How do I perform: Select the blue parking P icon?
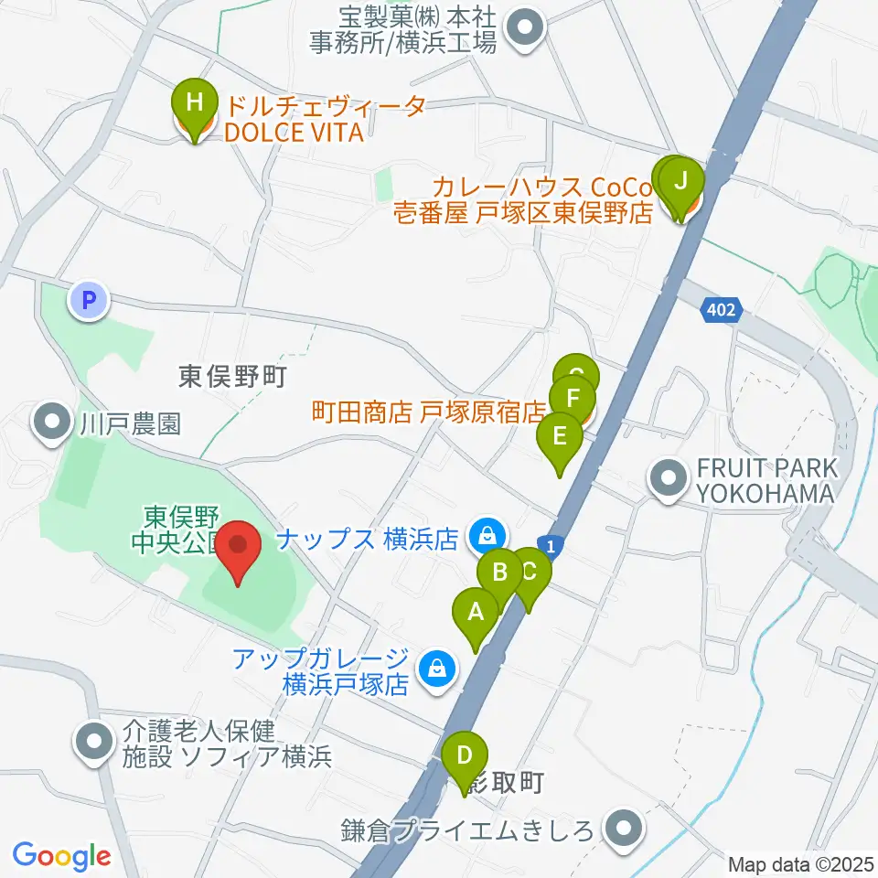[x=89, y=298]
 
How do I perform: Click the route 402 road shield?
[x=720, y=312]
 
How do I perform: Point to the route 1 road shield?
[x=548, y=543]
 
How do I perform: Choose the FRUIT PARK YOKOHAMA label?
[x=766, y=481]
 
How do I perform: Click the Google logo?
[x=62, y=855]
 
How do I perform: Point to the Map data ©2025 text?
[x=801, y=863]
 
